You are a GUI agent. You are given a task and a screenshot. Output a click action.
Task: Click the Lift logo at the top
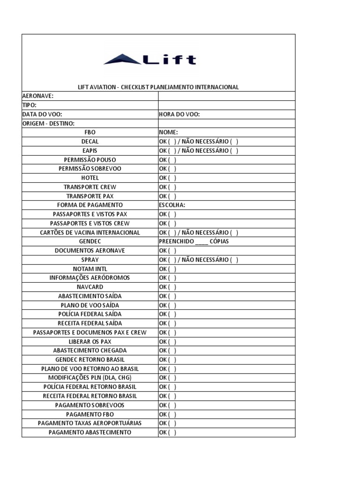[150, 60]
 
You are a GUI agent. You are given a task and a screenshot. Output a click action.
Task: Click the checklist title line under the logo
[158, 87]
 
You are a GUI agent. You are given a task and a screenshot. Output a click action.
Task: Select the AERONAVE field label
[38, 96]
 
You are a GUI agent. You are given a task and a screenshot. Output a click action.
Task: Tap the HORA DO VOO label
[180, 114]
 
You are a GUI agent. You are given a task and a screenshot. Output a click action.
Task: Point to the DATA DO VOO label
[42, 114]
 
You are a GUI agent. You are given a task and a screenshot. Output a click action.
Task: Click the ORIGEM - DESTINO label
[48, 123]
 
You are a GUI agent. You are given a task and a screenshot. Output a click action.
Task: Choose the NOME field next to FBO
[169, 133]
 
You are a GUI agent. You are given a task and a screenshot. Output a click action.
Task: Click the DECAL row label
[90, 142]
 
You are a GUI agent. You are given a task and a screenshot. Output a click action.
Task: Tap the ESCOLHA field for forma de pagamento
[172, 205]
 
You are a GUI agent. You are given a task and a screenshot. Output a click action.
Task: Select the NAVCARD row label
[90, 287]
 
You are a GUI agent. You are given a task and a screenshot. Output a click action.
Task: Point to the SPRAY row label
[90, 260]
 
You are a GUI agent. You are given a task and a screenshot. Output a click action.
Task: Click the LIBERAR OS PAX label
[90, 342]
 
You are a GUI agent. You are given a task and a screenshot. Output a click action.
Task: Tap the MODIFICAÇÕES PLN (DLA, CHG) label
[90, 378]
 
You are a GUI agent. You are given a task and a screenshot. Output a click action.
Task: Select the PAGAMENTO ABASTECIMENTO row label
[90, 432]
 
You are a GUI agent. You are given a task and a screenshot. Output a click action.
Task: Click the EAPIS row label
[90, 151]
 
